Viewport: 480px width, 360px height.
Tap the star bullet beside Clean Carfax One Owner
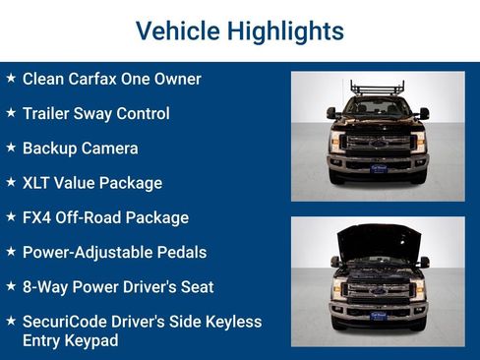coord(11,78)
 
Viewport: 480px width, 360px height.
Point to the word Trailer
coord(47,113)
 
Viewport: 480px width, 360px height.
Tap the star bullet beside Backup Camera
coord(11,148)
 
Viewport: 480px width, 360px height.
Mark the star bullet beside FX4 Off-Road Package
coord(11,216)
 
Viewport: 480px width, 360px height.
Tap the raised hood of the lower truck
coord(378,239)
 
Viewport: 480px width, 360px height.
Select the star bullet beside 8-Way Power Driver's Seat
coord(11,286)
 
